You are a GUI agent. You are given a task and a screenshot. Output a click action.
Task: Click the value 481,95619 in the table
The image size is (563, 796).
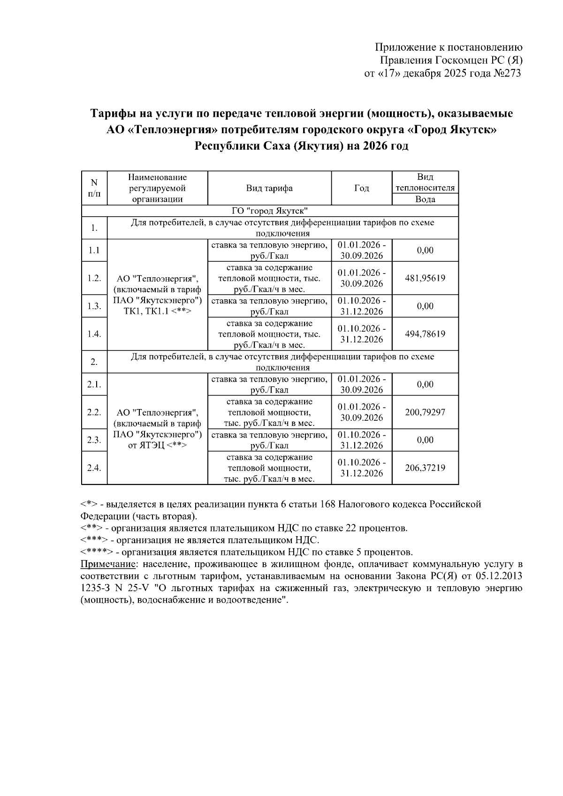tap(425, 278)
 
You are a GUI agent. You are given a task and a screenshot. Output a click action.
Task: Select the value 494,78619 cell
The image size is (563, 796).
tap(425, 334)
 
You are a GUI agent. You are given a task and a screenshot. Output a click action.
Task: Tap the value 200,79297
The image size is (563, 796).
tap(425, 412)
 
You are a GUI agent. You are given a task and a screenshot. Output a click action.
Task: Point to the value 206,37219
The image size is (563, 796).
tap(425, 468)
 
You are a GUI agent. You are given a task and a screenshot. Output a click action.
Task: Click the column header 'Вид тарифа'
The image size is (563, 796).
tap(269, 188)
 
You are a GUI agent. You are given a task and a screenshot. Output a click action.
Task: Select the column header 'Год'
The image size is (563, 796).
tap(361, 188)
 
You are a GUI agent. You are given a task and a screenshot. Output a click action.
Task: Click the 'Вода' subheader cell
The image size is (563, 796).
tap(425, 199)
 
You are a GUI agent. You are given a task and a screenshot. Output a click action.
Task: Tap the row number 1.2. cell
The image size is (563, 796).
tap(94, 278)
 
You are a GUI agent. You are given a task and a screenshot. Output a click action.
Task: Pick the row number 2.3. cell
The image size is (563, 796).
tap(94, 440)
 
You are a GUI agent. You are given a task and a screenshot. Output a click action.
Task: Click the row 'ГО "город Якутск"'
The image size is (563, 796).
tap(270, 211)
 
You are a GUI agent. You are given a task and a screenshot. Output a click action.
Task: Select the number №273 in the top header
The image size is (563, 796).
tap(507, 73)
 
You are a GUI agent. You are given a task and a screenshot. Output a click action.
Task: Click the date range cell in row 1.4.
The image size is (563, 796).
tap(361, 334)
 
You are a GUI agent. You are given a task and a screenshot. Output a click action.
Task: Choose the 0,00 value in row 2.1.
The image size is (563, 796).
tap(425, 384)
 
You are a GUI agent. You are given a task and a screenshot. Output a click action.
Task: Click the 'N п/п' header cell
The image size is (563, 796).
tap(94, 188)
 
